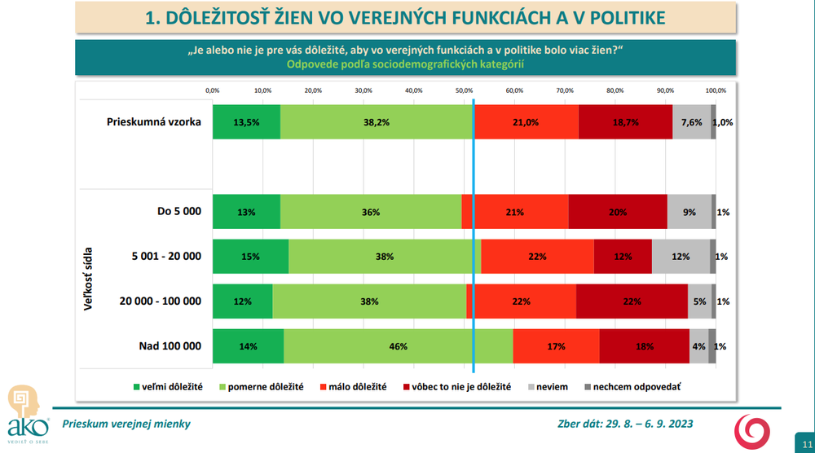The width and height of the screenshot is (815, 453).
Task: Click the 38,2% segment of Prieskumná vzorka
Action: pos(377,122)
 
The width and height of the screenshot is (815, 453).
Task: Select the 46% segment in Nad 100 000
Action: pos(398,346)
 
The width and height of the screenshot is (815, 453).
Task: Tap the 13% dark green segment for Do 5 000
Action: pos(246,212)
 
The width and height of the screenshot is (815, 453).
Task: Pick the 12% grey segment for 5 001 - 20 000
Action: pos(681,257)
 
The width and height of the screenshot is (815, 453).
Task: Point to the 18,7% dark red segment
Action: pos(625,122)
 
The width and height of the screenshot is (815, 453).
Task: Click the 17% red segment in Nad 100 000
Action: pos(557,346)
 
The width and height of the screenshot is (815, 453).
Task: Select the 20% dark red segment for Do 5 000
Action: pos(618,212)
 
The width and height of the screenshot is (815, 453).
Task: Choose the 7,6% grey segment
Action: pos(691,122)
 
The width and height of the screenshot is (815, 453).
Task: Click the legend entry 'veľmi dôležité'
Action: pos(166,386)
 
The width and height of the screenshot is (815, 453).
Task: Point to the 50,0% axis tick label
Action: pos(464,90)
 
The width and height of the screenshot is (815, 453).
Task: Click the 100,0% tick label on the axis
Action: pos(716,90)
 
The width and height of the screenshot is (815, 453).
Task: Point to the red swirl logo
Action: pos(751,431)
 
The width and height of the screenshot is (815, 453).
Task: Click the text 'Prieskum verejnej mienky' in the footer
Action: pos(119,424)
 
